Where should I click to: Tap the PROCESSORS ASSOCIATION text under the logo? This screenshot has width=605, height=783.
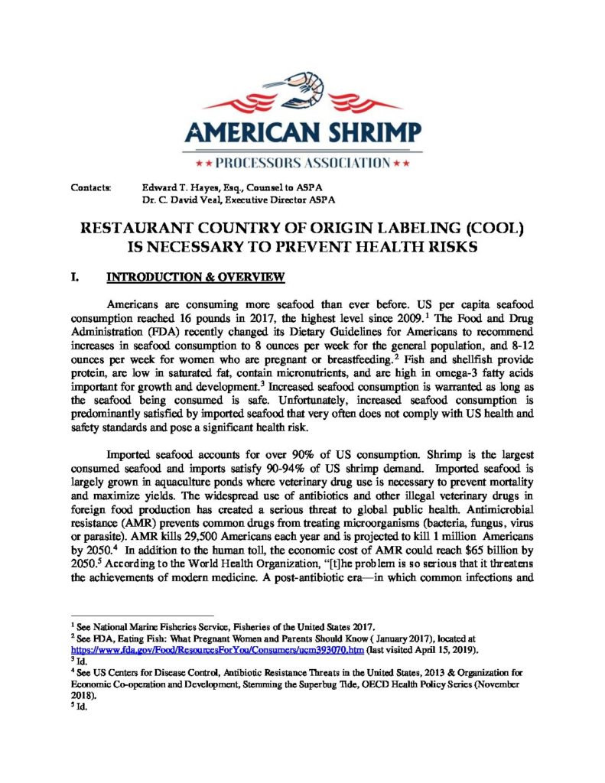pos(303,162)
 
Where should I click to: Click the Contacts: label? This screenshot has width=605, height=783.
pos(90,187)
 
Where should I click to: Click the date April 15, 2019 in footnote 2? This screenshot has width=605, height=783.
pos(460,650)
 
